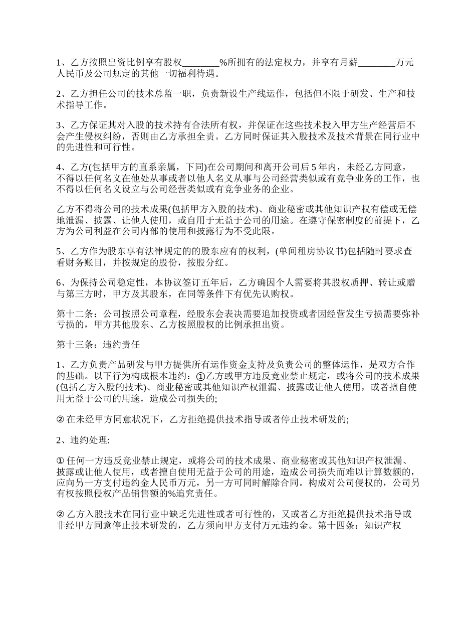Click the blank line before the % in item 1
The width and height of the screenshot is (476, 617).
tap(200, 63)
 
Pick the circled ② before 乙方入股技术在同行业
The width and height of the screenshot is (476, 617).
tap(60, 515)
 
